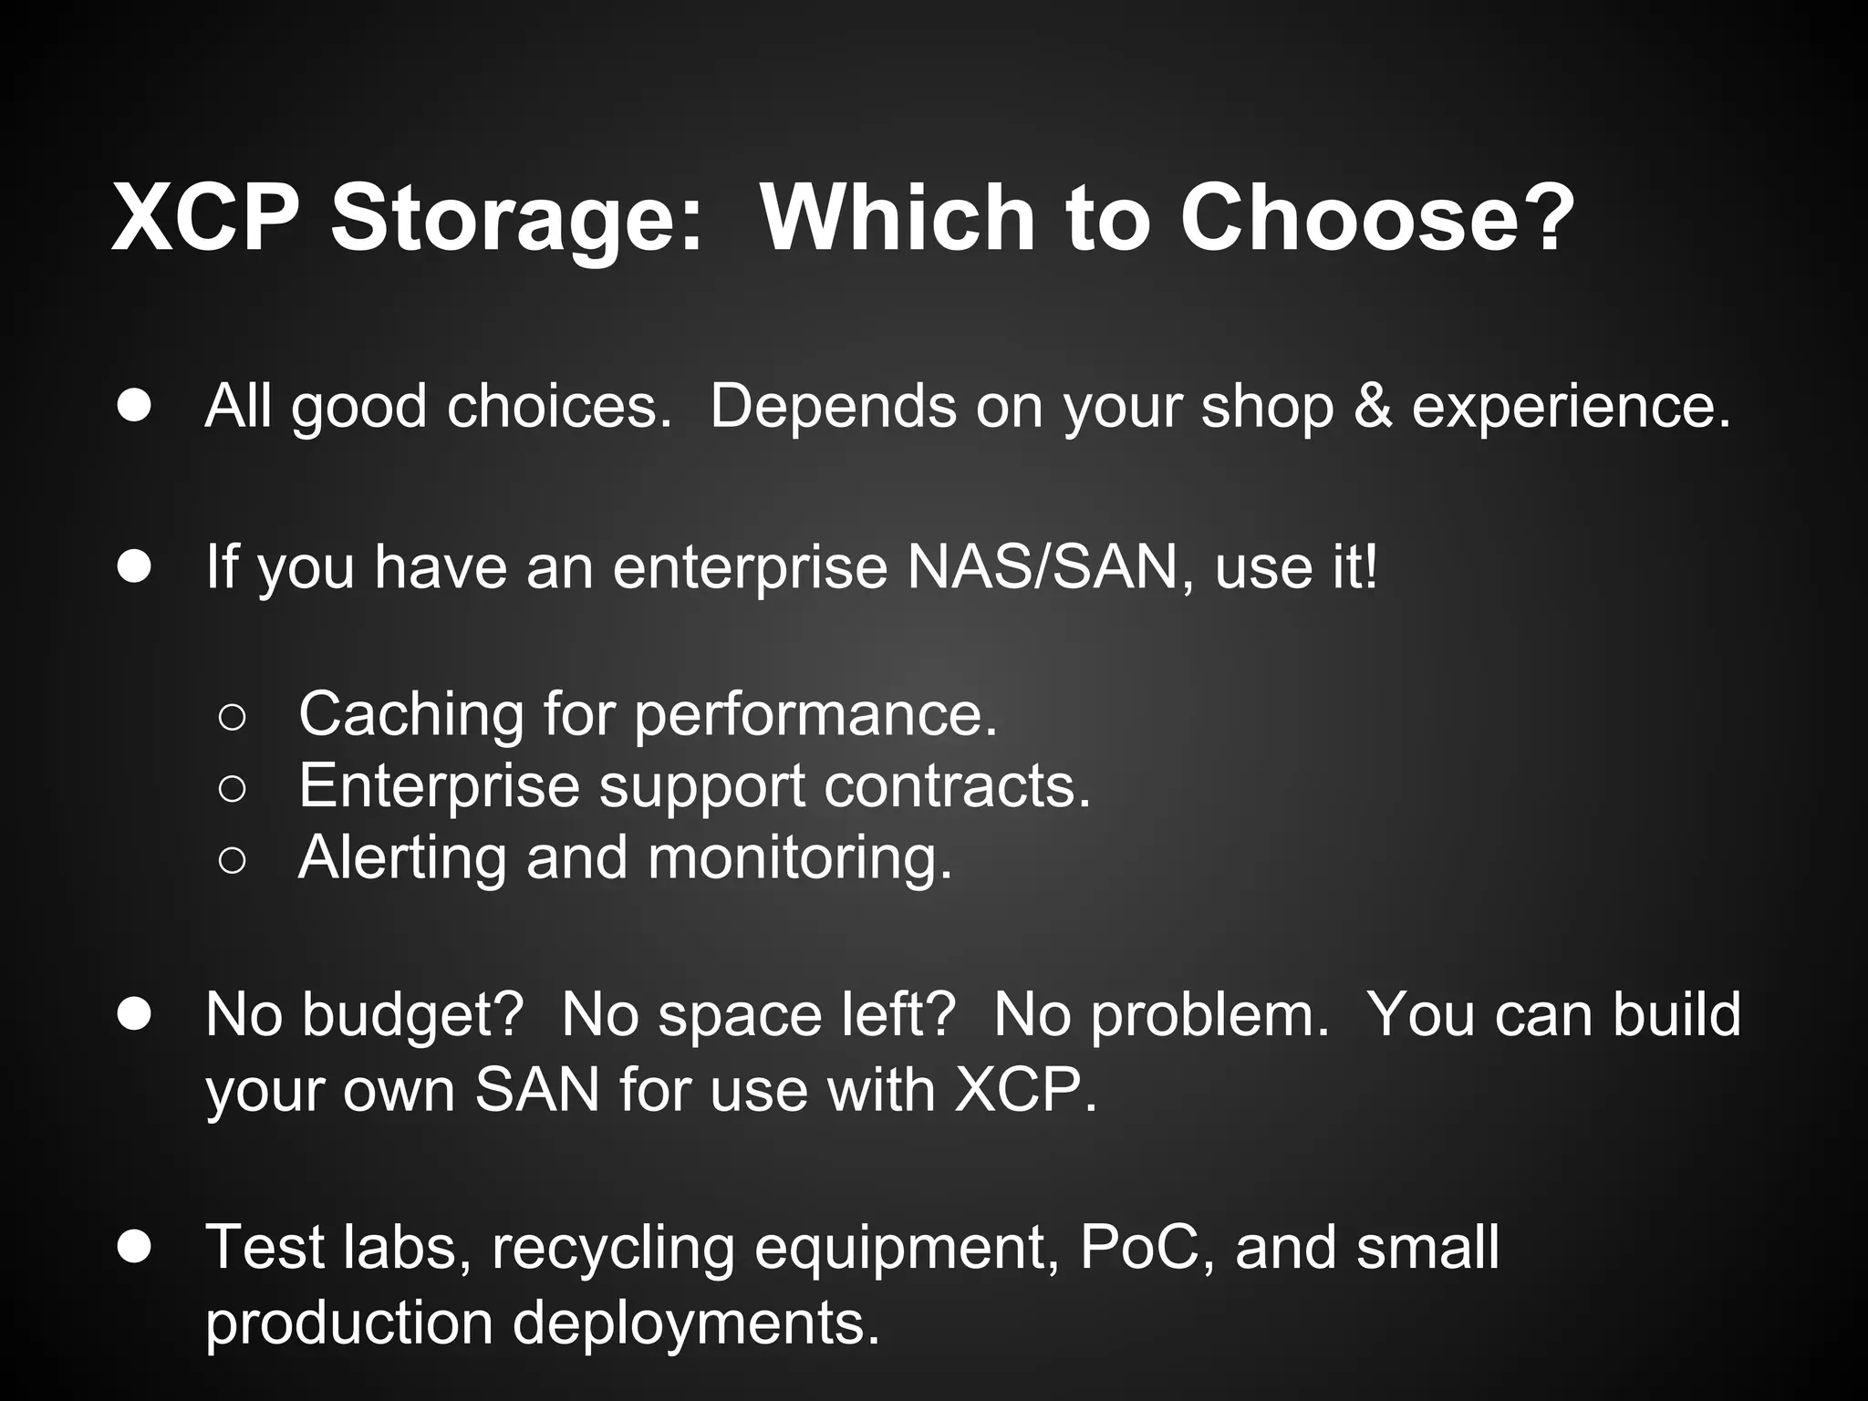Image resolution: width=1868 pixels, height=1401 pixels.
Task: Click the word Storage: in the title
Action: click(x=517, y=219)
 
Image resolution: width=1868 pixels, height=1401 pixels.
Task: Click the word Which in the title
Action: click(x=898, y=219)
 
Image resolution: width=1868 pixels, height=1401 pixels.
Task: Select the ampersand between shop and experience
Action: click(x=1373, y=406)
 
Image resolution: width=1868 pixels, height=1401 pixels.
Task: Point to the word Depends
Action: click(x=833, y=406)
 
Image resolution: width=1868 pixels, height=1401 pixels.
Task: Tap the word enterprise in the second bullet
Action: click(x=750, y=568)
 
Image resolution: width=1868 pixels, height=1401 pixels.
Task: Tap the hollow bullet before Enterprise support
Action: click(x=233, y=788)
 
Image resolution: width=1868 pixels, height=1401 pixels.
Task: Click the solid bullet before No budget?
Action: click(x=134, y=1013)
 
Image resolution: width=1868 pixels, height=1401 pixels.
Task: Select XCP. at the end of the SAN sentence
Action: click(x=1025, y=1090)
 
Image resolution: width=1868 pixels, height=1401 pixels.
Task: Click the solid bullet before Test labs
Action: click(x=134, y=1246)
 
